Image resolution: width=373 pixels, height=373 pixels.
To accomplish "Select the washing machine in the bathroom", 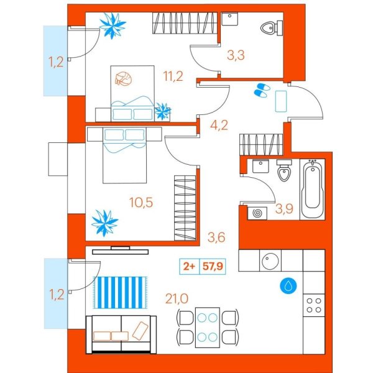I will pos(256,213).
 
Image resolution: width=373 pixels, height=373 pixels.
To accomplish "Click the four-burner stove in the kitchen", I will pos(313,304).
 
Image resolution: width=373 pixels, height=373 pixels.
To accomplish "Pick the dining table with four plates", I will pos(208,327).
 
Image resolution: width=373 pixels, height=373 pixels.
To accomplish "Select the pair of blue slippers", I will pos(261,91).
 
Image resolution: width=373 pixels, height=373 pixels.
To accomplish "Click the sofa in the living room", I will pos(120,333).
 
